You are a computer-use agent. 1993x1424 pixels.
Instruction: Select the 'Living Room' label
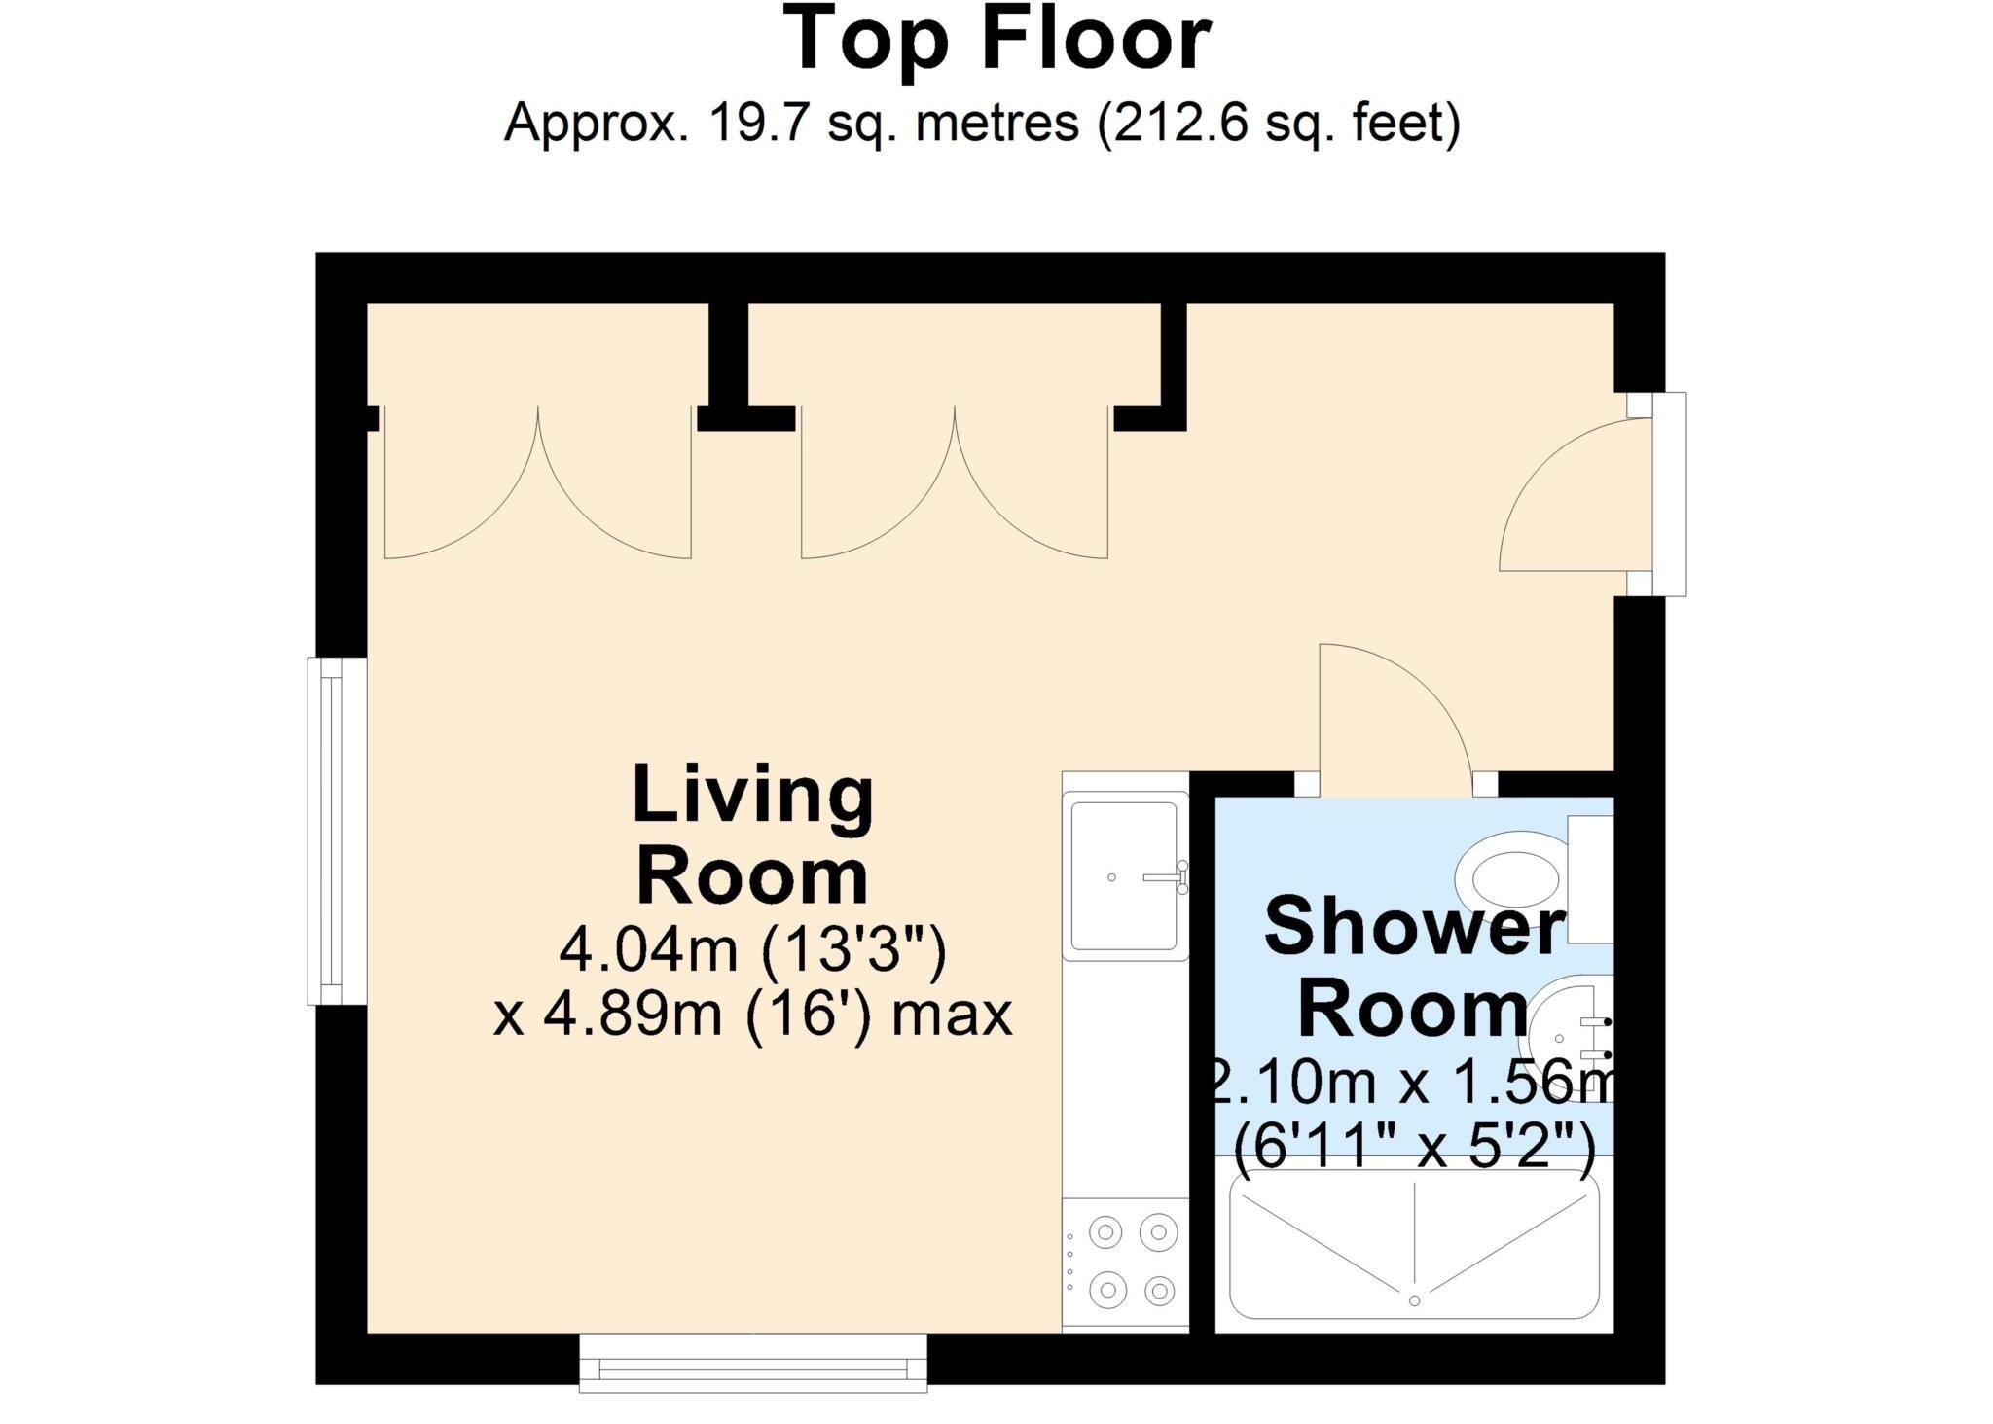(x=752, y=835)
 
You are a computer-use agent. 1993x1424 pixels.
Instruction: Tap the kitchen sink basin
(x=1125, y=876)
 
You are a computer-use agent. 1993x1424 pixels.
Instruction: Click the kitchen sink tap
(x=1168, y=876)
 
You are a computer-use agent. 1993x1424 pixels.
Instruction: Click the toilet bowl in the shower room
(x=1511, y=877)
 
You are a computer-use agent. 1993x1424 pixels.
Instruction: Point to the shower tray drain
(x=1414, y=1300)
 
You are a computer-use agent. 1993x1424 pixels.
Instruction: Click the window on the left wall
(x=337, y=831)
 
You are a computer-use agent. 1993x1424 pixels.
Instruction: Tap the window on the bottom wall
(x=753, y=1363)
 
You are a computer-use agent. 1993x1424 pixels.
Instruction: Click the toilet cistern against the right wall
(x=1591, y=879)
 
